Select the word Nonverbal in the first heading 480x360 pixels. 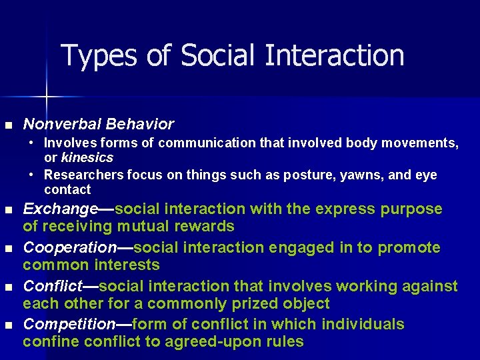tap(59, 124)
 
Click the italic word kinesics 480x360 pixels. tap(87, 158)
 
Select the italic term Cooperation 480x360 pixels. tap(70, 247)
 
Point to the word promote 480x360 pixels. tap(409, 247)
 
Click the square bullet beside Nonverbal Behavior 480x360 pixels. tap(8, 125)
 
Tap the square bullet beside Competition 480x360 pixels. tap(8, 325)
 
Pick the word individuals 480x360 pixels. tap(363, 325)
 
